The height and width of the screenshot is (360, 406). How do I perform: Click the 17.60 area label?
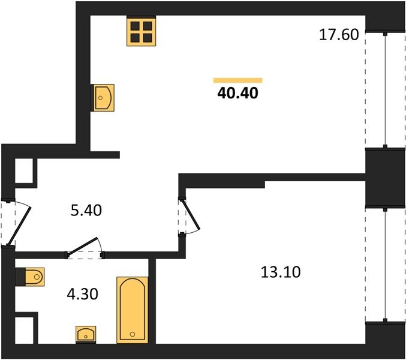tap(339, 35)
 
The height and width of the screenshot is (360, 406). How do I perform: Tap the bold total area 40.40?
tap(237, 93)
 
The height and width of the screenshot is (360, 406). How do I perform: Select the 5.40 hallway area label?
tap(86, 211)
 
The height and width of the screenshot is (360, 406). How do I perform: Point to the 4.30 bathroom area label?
tap(82, 294)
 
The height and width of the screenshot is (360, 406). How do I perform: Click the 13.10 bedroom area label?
tap(281, 272)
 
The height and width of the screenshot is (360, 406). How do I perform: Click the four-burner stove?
tap(141, 31)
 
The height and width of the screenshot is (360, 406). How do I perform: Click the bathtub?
tap(133, 310)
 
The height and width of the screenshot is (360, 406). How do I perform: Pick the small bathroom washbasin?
tap(86, 335)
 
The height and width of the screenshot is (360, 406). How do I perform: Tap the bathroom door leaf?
tap(82, 247)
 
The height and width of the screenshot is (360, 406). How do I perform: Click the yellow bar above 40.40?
tap(237, 80)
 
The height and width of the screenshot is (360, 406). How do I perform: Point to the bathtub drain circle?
tap(133, 334)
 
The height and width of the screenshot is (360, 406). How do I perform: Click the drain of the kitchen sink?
tap(101, 98)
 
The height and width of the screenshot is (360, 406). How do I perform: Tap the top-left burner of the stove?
tap(135, 26)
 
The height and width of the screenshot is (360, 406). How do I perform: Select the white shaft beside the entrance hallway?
tap(24, 171)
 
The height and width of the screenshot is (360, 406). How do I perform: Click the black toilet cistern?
tap(20, 277)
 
